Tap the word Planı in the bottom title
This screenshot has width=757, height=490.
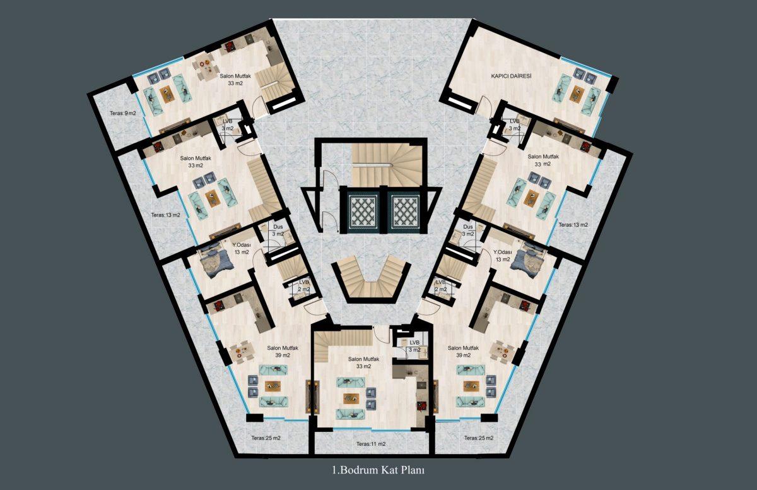(413, 470)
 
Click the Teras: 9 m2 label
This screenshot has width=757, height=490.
(122, 113)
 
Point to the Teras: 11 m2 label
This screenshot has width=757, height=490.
(371, 444)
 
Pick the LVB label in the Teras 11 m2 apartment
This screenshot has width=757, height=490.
(414, 343)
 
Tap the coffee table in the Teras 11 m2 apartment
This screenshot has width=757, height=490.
(351, 398)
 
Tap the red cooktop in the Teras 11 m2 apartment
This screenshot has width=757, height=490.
(421, 405)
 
